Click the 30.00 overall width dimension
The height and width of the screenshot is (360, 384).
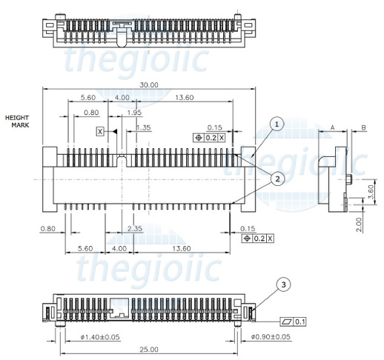(x=148, y=85)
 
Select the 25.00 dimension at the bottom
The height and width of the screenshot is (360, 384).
(x=148, y=348)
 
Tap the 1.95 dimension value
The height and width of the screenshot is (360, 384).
(x=134, y=112)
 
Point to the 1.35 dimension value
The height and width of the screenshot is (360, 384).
(x=143, y=127)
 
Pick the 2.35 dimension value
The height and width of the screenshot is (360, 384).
(x=134, y=228)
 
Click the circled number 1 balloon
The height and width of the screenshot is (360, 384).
(x=276, y=124)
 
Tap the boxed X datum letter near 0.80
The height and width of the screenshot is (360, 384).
(x=100, y=131)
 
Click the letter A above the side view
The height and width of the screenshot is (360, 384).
(x=333, y=127)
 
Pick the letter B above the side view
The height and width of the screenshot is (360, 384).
(x=363, y=127)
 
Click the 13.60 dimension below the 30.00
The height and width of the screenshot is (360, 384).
(x=185, y=98)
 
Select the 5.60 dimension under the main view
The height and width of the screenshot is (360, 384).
(x=85, y=248)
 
